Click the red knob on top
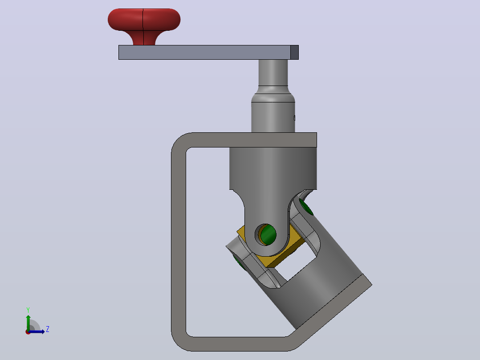click(144, 20)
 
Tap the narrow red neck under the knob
click(144, 38)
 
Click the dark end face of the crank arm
click(294, 53)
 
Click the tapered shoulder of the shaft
click(273, 94)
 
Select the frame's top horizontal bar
click(251, 140)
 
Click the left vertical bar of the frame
click(179, 242)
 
